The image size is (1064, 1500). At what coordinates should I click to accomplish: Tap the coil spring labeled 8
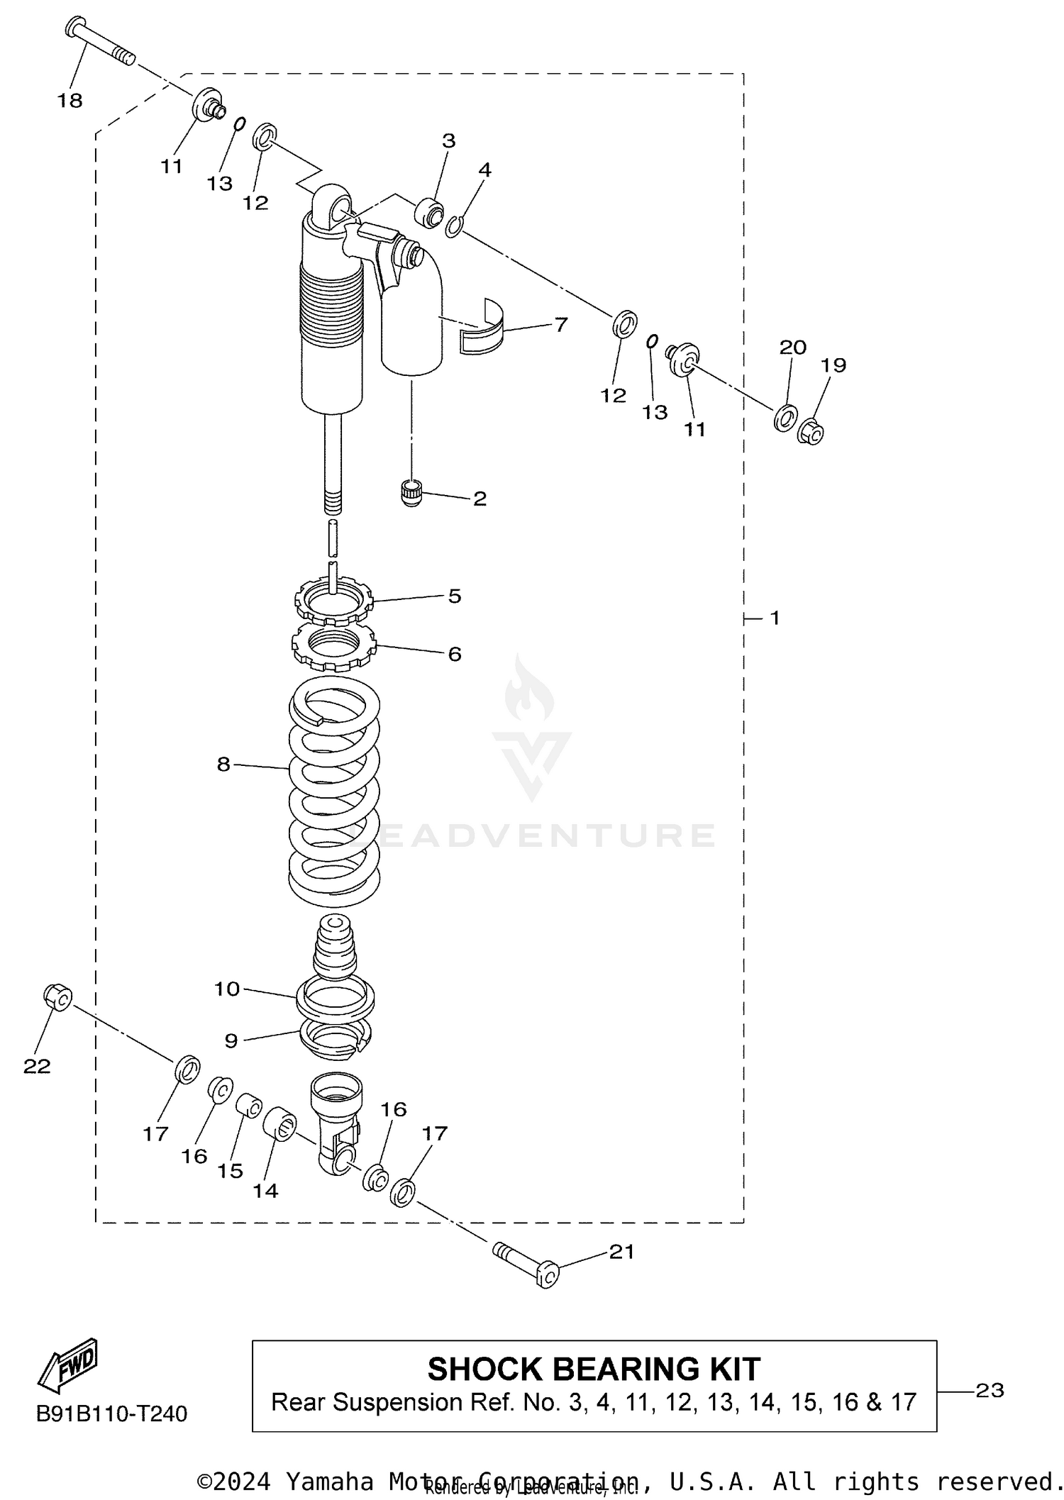333,791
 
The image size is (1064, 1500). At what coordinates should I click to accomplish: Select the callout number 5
455,596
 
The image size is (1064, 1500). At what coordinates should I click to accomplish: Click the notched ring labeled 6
333,646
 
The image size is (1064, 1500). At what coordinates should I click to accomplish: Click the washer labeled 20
785,418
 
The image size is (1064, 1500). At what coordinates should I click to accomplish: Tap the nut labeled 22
57,998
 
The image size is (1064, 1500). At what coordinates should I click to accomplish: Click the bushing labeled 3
430,213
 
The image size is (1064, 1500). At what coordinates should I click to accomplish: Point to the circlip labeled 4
455,226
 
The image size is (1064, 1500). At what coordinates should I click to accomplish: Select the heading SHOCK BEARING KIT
594,1369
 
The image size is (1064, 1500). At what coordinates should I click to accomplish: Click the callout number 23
990,1391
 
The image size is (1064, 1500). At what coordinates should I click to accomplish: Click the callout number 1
775,618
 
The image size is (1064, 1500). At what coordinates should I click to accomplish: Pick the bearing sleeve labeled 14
280,1123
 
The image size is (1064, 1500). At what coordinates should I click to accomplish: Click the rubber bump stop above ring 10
334,947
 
